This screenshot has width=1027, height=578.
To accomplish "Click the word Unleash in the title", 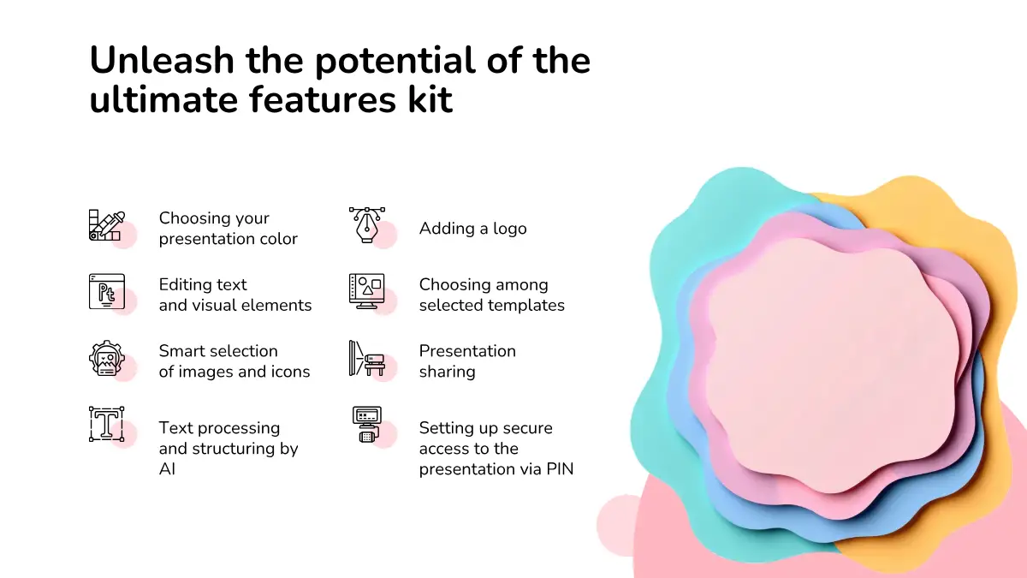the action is point(162,60).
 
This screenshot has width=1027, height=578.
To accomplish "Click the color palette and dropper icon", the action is point(107,225).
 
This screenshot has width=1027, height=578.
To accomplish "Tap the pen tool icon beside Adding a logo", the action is point(367,224).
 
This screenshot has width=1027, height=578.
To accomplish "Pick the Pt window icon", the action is point(107,292).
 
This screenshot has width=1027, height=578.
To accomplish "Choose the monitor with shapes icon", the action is point(367,291).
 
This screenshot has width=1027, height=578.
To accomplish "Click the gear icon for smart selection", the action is point(107,358).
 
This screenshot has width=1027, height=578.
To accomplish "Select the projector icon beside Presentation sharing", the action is point(367,358).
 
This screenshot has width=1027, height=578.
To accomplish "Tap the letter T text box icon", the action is point(107,425).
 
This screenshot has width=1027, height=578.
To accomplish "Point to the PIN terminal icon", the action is point(367,425).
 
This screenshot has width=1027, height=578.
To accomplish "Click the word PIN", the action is point(560,469).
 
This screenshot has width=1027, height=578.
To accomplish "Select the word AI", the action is point(168,469).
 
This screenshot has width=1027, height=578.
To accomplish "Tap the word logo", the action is point(510,229).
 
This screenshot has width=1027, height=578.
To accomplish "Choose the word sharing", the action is point(447,372).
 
